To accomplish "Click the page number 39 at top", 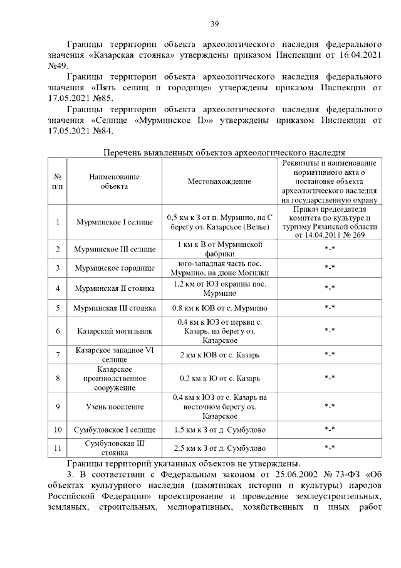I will click(214, 24).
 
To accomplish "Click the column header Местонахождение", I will click(219, 181).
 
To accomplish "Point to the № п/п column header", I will click(57, 181).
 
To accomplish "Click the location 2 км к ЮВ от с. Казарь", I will click(219, 355).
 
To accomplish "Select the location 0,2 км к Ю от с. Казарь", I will click(219, 379).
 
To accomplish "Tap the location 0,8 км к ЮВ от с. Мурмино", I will click(219, 308).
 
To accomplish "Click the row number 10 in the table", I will click(57, 430).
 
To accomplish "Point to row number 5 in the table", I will click(57, 308).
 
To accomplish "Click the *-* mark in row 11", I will click(330, 448).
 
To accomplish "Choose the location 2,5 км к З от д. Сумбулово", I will click(219, 448).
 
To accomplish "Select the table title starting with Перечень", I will click(224, 152).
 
